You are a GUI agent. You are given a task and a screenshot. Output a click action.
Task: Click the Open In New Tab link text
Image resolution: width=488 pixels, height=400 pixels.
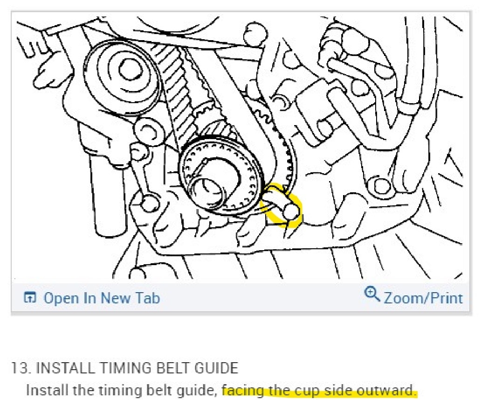(102, 298)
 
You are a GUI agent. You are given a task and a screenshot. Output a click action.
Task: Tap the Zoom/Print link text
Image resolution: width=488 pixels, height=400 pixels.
(423, 298)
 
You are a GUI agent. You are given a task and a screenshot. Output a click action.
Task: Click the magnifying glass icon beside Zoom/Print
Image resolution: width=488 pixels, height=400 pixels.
(372, 294)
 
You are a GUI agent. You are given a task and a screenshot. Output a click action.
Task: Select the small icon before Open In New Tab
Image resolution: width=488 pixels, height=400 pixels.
(30, 298)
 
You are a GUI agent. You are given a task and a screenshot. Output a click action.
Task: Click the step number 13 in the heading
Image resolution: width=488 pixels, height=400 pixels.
(20, 368)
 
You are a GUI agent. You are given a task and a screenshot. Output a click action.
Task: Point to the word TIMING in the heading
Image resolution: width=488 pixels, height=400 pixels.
(118, 368)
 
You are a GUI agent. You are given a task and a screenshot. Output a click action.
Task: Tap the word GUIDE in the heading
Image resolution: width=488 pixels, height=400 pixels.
(215, 368)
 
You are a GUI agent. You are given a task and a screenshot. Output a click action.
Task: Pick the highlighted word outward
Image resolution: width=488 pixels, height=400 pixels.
(389, 390)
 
